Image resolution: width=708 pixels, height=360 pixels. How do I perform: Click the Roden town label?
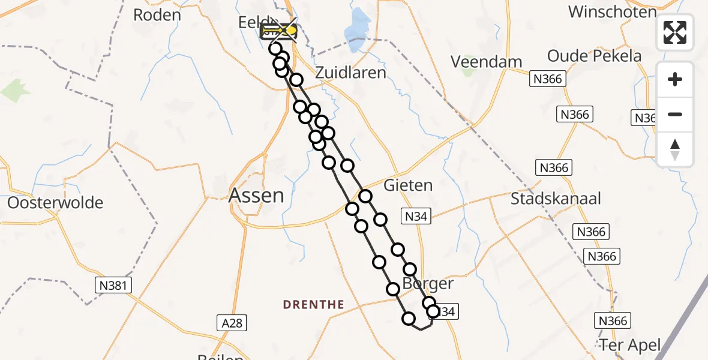tap(157, 15)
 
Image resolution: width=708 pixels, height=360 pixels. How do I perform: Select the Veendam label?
tap(487, 61)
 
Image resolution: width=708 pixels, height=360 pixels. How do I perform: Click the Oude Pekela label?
tap(594, 56)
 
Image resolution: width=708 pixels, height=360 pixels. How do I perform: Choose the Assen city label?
tap(256, 195)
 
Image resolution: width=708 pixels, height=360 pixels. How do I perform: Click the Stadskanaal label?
tap(556, 199)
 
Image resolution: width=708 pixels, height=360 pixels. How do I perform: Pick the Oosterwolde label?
tap(55, 203)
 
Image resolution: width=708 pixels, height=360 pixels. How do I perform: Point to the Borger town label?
tap(428, 283)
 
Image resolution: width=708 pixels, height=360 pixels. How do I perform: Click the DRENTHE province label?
tap(314, 305)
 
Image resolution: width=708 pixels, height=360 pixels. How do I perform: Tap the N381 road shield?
tap(112, 286)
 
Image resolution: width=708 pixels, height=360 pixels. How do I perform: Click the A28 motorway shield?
tap(231, 323)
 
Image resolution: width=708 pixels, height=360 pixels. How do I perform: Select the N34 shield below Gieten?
tap(416, 217)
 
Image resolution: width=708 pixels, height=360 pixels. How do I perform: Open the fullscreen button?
tap(675, 32)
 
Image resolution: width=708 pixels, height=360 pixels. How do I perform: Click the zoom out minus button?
tap(675, 115)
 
